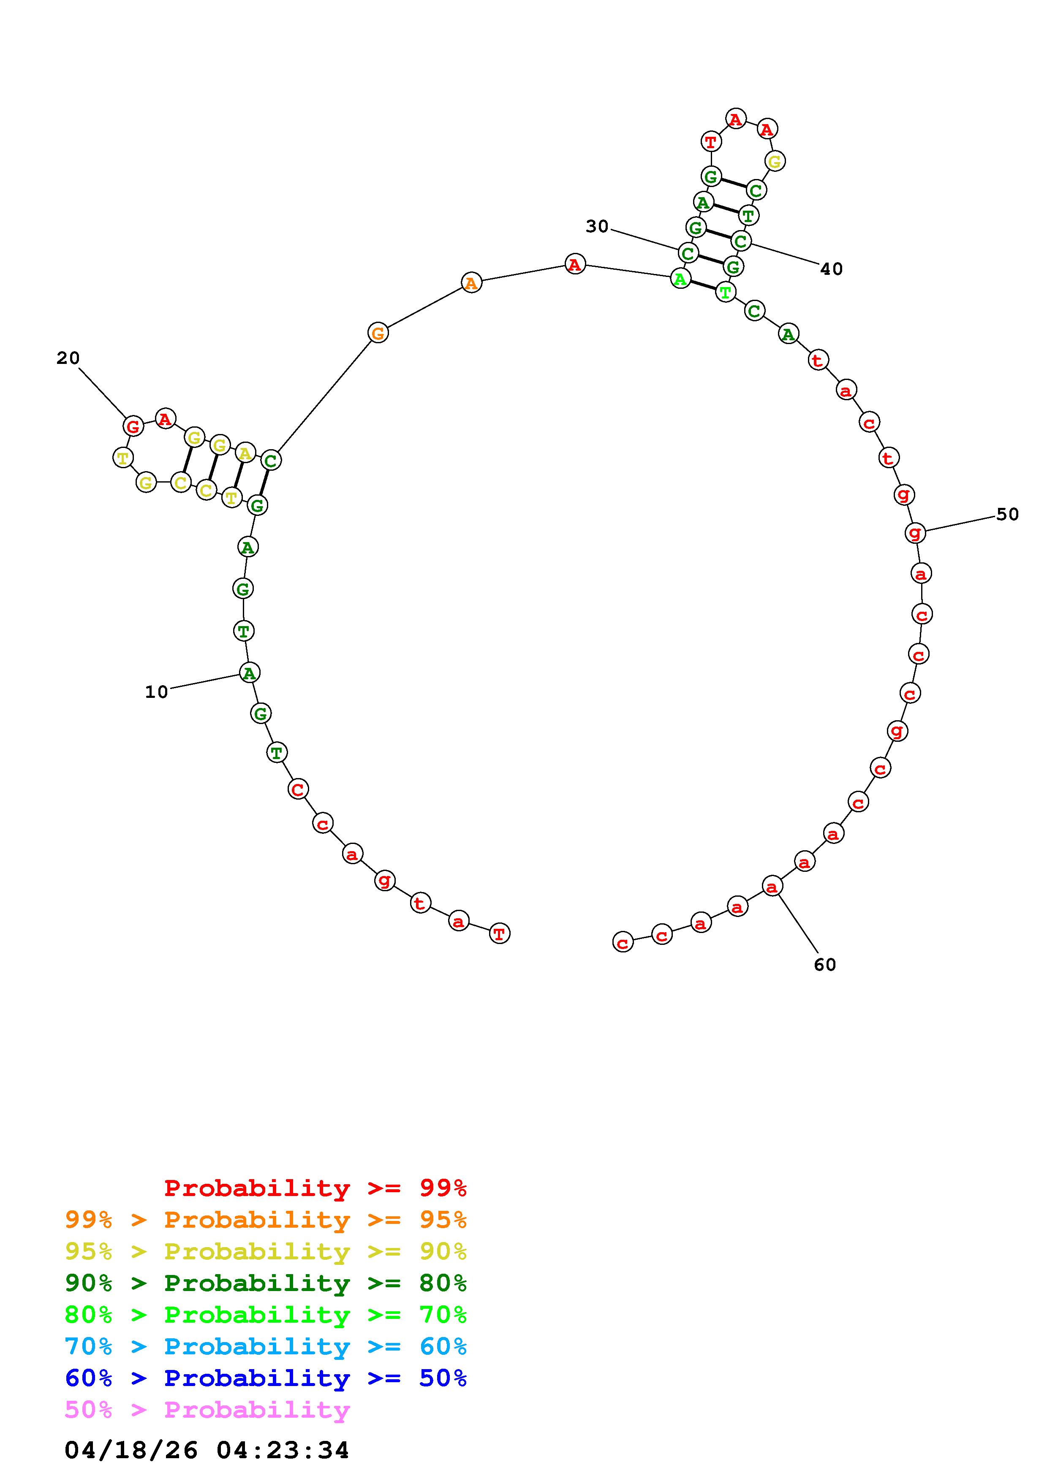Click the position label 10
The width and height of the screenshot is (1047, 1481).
156,692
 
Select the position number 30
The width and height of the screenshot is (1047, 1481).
597,226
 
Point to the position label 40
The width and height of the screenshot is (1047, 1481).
832,269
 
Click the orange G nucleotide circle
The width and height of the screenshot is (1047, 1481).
378,334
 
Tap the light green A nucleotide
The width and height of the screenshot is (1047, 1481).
680,279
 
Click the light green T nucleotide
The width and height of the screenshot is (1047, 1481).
726,292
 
